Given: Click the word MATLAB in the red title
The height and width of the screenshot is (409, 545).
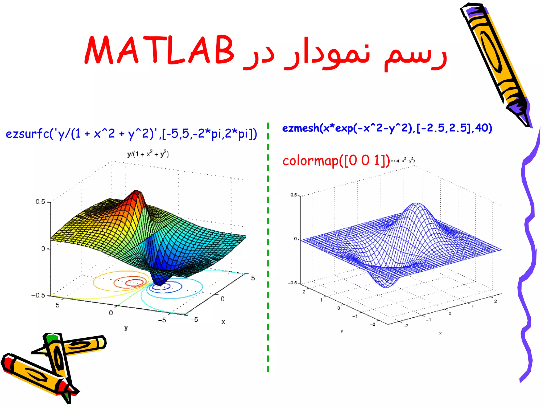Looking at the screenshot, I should coord(159,50).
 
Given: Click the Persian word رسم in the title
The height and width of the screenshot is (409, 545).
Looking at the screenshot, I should coord(415,55).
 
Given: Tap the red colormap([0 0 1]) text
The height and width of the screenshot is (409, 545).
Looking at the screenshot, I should coord(336,161).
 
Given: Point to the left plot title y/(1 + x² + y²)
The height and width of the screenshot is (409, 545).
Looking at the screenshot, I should coord(148,154).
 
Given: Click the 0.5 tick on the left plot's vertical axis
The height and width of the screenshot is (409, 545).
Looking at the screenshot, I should coord(40,202).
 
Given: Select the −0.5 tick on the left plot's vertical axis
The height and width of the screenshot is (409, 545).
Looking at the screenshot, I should coord(39,295).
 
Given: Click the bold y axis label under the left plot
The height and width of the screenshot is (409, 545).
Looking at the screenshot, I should coord(126,328).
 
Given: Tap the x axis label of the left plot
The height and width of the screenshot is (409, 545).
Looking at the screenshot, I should coord(223,322).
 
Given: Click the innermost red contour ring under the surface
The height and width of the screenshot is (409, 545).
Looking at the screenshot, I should coord(134,283).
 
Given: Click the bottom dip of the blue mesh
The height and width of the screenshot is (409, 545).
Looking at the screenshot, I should coord(386,285).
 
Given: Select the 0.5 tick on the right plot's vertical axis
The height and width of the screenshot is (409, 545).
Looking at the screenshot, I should coord(294,195).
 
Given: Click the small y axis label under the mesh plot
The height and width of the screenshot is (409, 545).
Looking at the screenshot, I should coord(342,331).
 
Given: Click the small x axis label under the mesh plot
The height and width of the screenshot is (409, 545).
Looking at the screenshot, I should coord(440,333).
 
